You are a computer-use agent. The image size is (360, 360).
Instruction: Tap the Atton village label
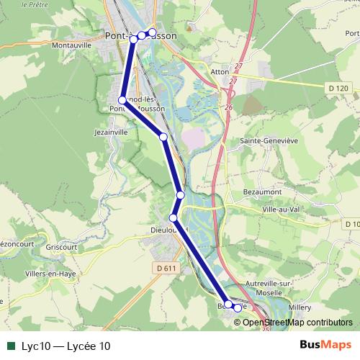(x=220, y=72)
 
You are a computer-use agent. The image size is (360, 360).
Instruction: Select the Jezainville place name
(x=111, y=132)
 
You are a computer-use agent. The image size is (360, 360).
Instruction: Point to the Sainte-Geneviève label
(x=269, y=141)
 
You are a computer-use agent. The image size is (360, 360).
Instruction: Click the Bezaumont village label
(x=264, y=194)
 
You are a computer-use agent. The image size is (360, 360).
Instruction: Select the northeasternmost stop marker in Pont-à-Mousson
(x=152, y=32)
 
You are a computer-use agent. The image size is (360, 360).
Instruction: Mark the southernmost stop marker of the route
(x=238, y=308)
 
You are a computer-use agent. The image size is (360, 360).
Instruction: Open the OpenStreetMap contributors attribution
(x=297, y=322)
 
